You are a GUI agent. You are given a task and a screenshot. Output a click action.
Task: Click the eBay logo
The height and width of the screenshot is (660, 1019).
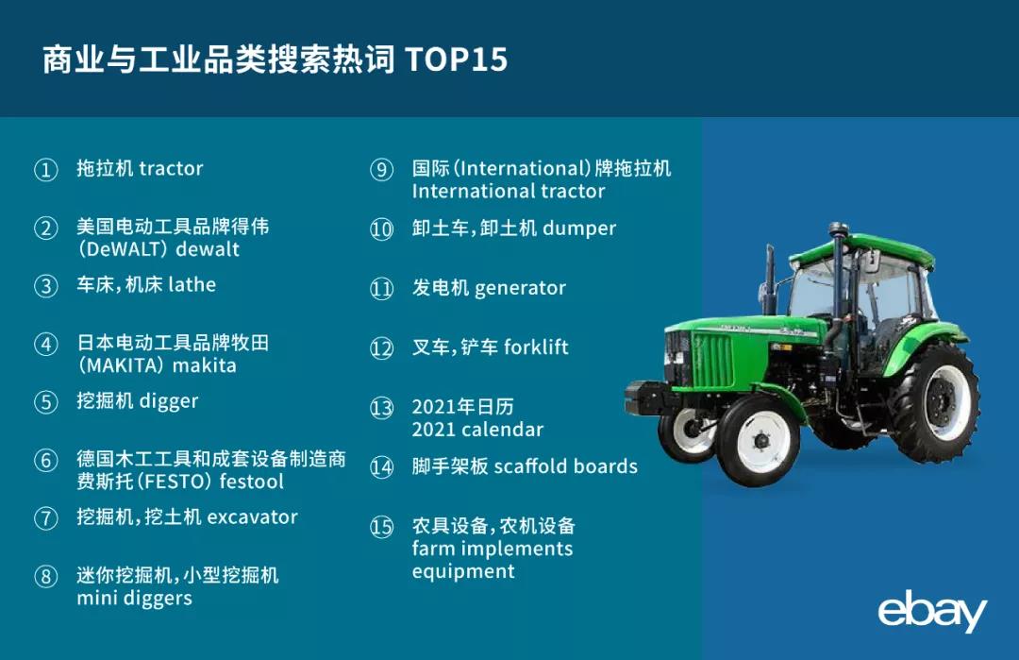[x=932, y=611]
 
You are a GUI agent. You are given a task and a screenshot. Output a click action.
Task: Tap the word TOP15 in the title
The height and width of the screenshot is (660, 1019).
[x=457, y=59]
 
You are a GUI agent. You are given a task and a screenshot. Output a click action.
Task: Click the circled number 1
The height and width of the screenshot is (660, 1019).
[x=45, y=170]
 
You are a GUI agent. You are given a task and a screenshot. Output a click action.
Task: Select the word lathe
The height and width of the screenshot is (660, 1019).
[x=192, y=284]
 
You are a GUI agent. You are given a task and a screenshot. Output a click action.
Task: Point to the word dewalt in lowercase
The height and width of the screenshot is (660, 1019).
[x=208, y=249]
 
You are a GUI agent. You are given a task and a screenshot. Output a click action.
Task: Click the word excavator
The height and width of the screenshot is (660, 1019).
[x=252, y=516]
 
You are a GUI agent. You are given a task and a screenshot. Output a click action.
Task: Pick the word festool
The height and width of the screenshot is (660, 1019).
[x=252, y=482]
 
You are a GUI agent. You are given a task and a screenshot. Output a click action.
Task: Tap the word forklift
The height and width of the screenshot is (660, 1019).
[x=536, y=347]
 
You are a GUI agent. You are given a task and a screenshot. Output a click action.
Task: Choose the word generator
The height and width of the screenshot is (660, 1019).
[x=521, y=288]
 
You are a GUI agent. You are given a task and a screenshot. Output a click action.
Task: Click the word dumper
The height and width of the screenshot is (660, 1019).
[x=579, y=228]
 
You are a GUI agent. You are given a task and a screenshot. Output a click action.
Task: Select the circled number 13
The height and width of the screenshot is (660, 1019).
[x=381, y=408]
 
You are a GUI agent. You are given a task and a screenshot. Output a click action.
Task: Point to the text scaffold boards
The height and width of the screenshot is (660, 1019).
[x=566, y=466]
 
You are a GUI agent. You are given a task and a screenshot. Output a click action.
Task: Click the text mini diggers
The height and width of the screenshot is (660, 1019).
[x=135, y=599]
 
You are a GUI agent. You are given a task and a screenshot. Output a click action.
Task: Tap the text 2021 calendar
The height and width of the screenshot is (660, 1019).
[x=477, y=430]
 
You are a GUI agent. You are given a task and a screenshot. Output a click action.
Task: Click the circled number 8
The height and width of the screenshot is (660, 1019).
[x=45, y=576]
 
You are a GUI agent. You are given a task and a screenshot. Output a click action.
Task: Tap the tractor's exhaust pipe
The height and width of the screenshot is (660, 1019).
[x=771, y=279]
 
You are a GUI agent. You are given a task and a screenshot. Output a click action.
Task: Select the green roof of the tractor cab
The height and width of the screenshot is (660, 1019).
[x=864, y=250]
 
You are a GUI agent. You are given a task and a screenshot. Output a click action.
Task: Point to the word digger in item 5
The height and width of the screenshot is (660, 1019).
[x=168, y=401]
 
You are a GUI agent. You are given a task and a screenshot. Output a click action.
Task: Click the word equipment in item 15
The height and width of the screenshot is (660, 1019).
[x=463, y=571]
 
